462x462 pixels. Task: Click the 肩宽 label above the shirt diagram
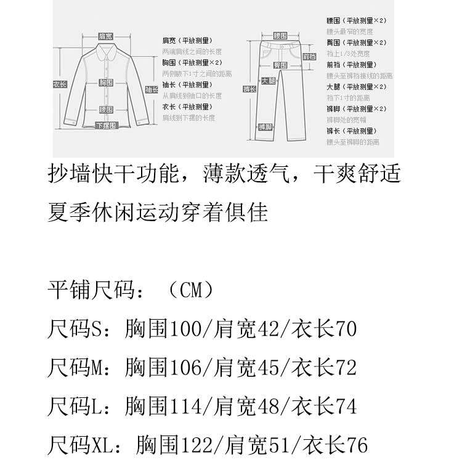(105, 37)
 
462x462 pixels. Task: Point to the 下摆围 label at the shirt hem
(105, 126)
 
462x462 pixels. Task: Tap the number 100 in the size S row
(185, 328)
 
